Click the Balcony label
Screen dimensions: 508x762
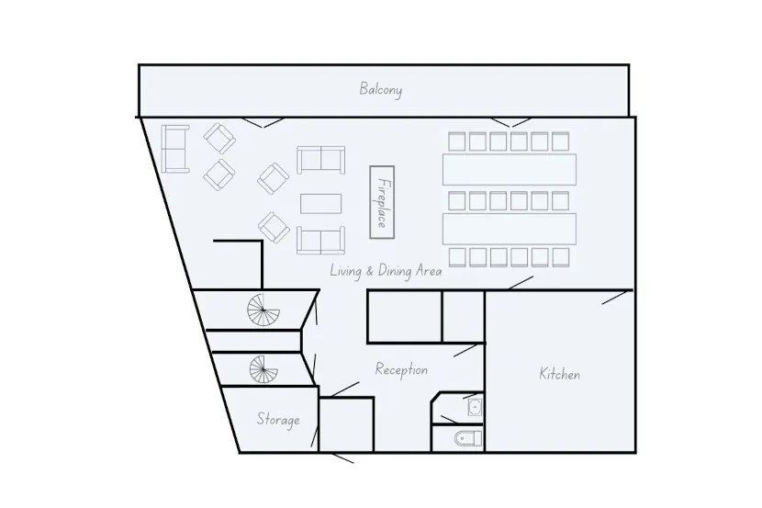click(x=381, y=89)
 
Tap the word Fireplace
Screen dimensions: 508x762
click(x=383, y=202)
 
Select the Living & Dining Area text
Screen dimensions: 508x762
click(x=387, y=271)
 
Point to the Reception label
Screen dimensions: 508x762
click(x=401, y=369)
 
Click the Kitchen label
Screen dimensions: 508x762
click(x=559, y=374)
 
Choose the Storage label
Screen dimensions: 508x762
click(x=277, y=420)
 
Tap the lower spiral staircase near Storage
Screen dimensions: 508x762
click(x=263, y=371)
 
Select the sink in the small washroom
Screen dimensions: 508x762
click(x=475, y=407)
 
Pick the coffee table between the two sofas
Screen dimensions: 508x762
click(x=320, y=202)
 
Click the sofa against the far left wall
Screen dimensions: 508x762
click(x=174, y=149)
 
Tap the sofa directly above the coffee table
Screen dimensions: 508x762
click(x=320, y=160)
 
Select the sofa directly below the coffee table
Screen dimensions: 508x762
click(x=320, y=241)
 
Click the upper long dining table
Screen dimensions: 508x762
click(x=510, y=169)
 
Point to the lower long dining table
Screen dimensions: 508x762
click(x=510, y=227)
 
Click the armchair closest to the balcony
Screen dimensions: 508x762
click(x=219, y=139)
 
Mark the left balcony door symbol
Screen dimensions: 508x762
click(x=262, y=121)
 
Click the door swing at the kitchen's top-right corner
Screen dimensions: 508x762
click(x=617, y=298)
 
